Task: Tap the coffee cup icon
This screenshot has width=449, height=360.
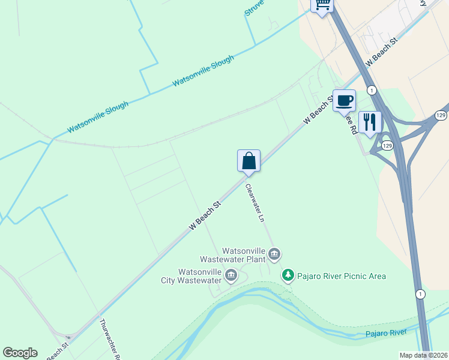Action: tap(344, 100)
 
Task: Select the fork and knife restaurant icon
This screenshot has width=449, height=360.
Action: tap(370, 122)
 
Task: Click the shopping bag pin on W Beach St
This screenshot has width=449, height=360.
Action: tap(249, 161)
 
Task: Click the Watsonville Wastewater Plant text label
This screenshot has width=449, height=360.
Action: tap(243, 255)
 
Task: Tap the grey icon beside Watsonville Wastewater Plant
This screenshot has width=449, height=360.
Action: tap(274, 255)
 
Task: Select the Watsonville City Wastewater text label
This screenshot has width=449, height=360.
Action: tap(191, 276)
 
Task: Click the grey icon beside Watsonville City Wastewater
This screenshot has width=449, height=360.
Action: tap(231, 276)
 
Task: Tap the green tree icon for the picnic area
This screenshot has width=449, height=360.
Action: tap(289, 275)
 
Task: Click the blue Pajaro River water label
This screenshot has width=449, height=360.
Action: tap(386, 333)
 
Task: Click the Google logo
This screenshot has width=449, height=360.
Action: tap(20, 353)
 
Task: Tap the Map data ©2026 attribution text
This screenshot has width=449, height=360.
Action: tap(424, 355)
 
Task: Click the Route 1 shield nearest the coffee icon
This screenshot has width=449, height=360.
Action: tap(372, 90)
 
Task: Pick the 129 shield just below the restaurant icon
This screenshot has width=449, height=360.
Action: tap(387, 146)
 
